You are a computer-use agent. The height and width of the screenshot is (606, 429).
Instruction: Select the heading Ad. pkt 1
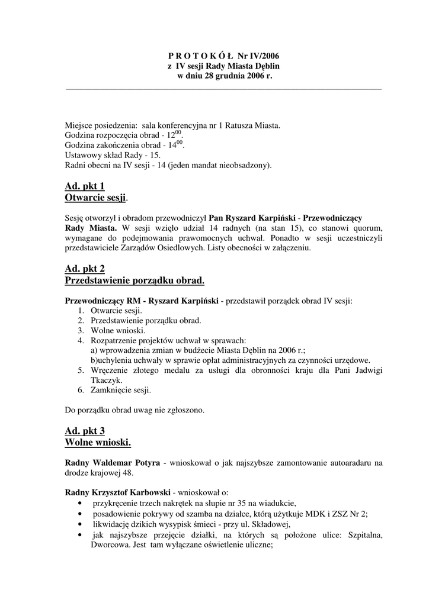pos(84,186)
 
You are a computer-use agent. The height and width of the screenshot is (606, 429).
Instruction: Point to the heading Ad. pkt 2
pos(84,269)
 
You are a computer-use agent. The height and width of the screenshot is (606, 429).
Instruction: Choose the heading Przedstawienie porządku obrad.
pos(134,279)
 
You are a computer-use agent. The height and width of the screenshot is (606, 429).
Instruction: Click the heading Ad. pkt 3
pos(84,431)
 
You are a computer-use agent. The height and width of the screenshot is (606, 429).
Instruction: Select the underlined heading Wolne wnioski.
pos(97,442)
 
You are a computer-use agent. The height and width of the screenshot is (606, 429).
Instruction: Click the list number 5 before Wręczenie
pos(81,370)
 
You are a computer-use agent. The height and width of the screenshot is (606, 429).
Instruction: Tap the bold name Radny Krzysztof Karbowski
pos(118,492)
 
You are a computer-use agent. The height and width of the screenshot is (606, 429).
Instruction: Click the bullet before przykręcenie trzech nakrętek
pos(79,503)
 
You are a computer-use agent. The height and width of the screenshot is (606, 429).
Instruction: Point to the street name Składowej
pos(267,524)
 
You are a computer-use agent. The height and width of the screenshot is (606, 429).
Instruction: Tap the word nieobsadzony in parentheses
pos(244,165)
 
